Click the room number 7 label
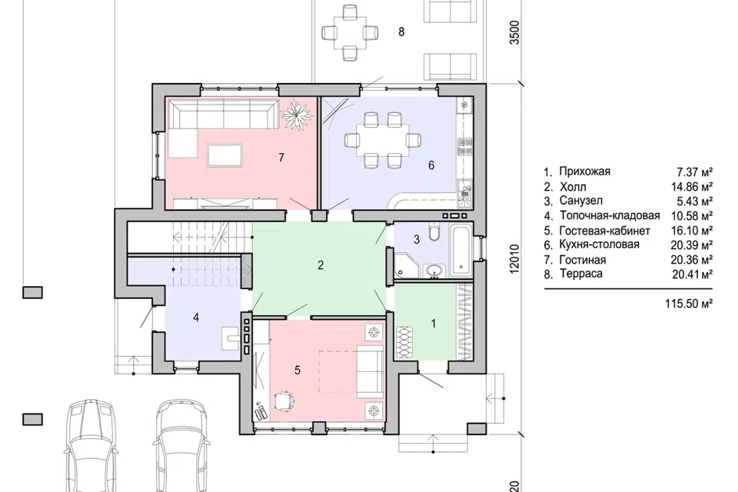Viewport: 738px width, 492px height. pyautogui.click(x=281, y=158)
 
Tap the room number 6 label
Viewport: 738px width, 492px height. pyautogui.click(x=431, y=165)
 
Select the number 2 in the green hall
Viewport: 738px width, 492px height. pyautogui.click(x=321, y=265)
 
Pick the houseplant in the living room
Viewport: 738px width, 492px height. pyautogui.click(x=297, y=115)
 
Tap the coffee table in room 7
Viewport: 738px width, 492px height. pyautogui.click(x=225, y=155)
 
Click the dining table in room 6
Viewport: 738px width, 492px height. pyautogui.click(x=382, y=140)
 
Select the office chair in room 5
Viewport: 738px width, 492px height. pyautogui.click(x=284, y=401)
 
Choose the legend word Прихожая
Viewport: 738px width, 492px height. pyautogui.click(x=584, y=171)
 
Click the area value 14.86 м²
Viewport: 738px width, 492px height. pyautogui.click(x=691, y=187)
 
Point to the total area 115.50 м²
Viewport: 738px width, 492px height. pyautogui.click(x=689, y=303)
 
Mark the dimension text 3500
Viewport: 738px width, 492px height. pyautogui.click(x=515, y=32)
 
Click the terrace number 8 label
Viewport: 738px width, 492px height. pyautogui.click(x=401, y=32)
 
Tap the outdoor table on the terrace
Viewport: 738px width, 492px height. pyautogui.click(x=350, y=32)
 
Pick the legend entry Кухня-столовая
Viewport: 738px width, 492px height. pyautogui.click(x=599, y=244)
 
